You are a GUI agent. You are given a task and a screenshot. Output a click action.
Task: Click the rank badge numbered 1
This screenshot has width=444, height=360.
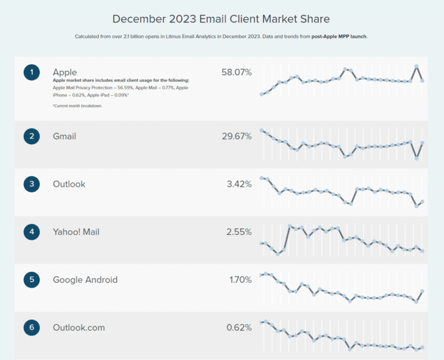[x=31, y=72]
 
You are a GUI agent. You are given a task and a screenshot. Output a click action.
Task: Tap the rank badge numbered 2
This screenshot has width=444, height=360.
[x=31, y=137]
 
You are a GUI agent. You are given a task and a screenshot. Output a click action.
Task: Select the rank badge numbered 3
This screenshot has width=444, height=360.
[x=31, y=184]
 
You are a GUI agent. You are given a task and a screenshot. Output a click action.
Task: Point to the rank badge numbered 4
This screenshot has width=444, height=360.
[x=31, y=232]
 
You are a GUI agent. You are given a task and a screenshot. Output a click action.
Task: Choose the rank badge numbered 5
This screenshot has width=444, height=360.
[x=31, y=279]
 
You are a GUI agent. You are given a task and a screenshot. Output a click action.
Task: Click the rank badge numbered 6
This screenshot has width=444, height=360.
[x=31, y=327]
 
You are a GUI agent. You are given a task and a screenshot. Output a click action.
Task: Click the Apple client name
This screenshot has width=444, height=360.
[x=65, y=72]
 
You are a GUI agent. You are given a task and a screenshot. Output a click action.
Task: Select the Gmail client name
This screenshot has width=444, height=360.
[x=66, y=137]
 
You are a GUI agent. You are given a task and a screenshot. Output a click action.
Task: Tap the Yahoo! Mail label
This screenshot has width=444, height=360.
[x=76, y=232]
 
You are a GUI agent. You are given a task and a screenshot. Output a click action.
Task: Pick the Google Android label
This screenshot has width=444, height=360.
[x=85, y=279]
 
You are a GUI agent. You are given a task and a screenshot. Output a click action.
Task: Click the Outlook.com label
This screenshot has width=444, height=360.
[x=79, y=327]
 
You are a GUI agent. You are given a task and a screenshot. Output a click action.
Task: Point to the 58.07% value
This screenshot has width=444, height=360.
[x=236, y=72]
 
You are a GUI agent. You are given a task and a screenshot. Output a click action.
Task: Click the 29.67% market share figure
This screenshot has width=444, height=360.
[x=236, y=137]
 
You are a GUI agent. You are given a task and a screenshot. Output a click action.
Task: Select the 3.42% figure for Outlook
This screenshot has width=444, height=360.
[x=238, y=184]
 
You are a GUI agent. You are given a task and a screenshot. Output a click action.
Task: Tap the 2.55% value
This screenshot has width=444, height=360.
[x=238, y=232]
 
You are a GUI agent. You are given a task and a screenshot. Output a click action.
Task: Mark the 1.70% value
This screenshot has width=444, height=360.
[x=240, y=279]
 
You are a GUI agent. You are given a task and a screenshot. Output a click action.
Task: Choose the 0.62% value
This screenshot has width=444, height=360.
[x=239, y=327]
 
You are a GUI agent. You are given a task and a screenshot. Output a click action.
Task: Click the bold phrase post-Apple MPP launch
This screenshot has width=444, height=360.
[x=340, y=36]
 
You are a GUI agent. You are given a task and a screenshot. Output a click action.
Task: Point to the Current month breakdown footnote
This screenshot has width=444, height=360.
[x=77, y=106]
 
